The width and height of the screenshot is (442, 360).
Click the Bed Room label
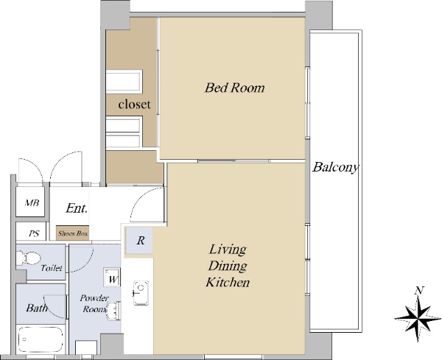pos(234,88)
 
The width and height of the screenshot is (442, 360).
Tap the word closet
pos(135,105)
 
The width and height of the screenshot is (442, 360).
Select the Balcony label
pos(335,167)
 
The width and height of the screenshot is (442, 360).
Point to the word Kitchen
pos(228,282)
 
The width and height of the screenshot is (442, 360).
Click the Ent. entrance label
pos(77,208)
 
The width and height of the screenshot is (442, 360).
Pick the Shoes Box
pos(73,233)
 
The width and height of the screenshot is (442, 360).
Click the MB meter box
pos(30,202)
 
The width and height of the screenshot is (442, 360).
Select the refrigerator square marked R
pos(139,241)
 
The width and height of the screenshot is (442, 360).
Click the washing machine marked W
pos(112,277)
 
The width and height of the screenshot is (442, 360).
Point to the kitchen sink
pos(141,293)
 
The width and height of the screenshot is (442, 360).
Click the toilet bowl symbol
pos(28,258)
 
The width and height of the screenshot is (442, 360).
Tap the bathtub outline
pos(40,339)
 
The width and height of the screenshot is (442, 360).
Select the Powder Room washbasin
pos(114,311)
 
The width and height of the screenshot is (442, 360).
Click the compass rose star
pos(418,319)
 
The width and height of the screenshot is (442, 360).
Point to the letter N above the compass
pos(419,290)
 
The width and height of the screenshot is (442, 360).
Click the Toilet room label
pos(52,267)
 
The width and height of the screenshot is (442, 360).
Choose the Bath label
pos(37,308)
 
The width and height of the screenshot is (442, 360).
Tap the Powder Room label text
pos(94,303)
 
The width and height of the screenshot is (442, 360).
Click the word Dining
pos(228,266)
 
